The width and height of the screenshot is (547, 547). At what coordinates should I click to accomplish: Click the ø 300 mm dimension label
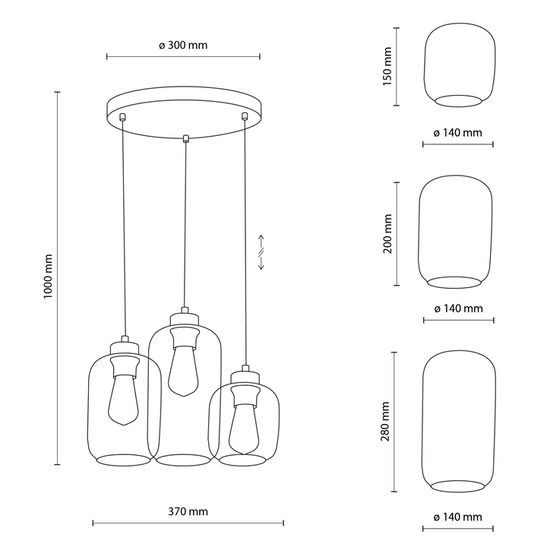[183, 46]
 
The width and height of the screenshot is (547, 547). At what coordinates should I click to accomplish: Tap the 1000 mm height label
[48, 277]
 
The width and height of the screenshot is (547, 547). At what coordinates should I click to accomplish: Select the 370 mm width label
[188, 511]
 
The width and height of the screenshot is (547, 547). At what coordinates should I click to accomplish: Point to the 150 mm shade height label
[387, 66]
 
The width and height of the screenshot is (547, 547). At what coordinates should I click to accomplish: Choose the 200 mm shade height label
[387, 234]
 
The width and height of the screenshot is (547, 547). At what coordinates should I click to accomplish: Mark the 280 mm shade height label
[385, 422]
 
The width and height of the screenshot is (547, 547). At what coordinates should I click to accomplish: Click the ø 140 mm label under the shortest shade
[457, 133]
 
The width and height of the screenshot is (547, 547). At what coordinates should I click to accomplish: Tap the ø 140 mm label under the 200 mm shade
[458, 308]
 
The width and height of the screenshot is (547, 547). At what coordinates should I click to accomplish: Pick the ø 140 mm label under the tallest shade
[457, 517]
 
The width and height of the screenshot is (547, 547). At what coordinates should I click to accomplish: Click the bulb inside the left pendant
[123, 400]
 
